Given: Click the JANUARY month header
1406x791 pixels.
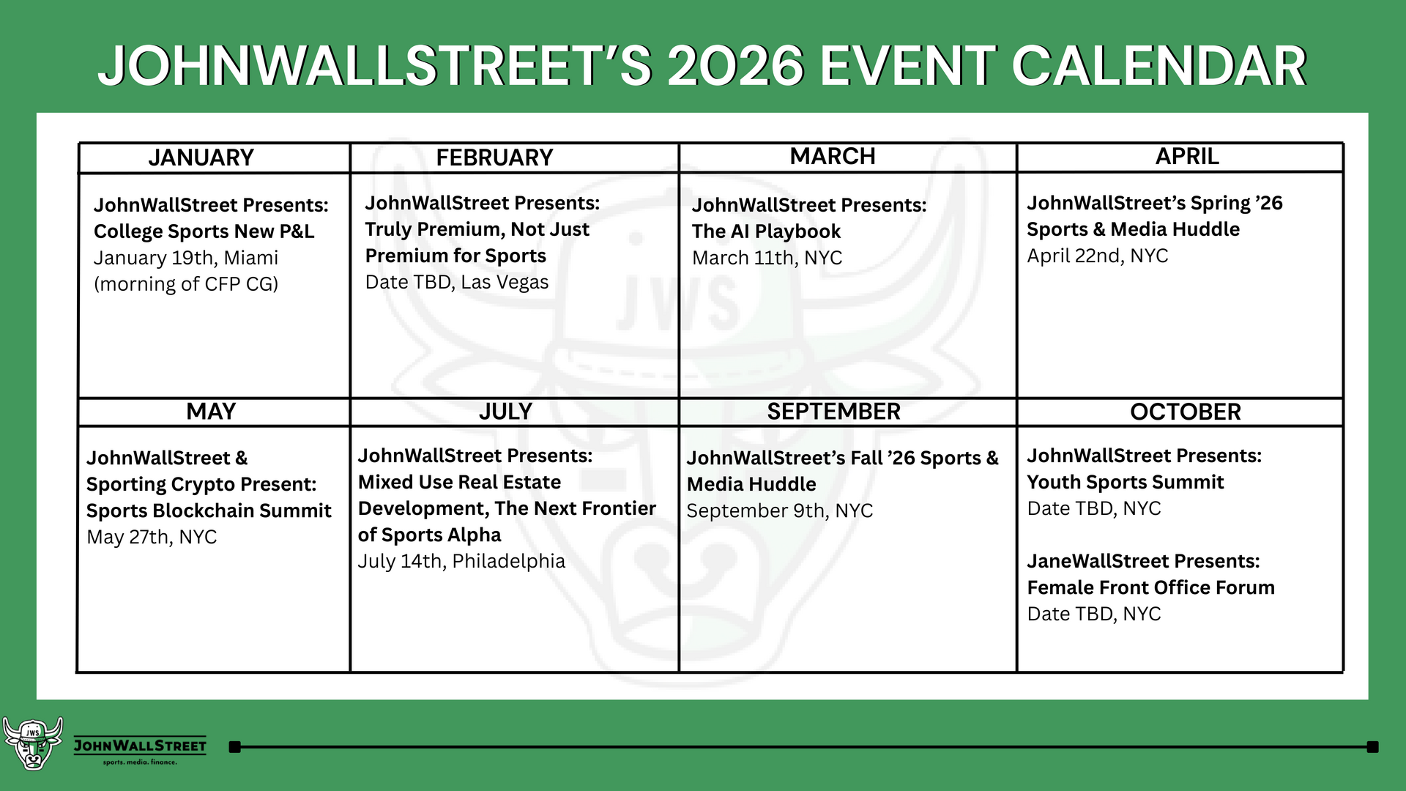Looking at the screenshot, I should [x=201, y=157].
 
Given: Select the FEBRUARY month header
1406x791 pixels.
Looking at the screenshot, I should [x=494, y=157].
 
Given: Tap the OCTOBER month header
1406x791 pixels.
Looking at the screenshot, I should [x=1185, y=412].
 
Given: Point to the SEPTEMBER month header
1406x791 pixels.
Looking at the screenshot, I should [x=833, y=412].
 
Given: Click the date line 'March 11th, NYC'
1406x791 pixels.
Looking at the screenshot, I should [x=767, y=258].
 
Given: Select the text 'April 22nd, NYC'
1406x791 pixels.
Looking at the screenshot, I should [x=1097, y=256].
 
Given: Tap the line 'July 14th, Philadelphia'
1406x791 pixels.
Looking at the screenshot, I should [x=461, y=561].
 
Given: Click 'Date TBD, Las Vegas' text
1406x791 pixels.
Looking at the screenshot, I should [x=456, y=282].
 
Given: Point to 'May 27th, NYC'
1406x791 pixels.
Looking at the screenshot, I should [x=152, y=537].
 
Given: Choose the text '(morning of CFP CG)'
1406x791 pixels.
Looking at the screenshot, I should [x=186, y=284].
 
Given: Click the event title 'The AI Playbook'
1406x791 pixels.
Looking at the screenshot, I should [x=766, y=231].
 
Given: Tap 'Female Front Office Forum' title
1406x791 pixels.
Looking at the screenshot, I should [x=1150, y=587].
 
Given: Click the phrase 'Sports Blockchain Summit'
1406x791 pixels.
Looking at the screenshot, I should [x=209, y=510].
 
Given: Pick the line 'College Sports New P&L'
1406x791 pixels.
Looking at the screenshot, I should [x=204, y=231].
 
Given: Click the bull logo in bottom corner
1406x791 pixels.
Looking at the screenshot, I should [x=32, y=743].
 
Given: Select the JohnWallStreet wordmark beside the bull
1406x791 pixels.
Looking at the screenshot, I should [x=140, y=746].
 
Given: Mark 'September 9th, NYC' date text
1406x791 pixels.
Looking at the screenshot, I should [x=779, y=510].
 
